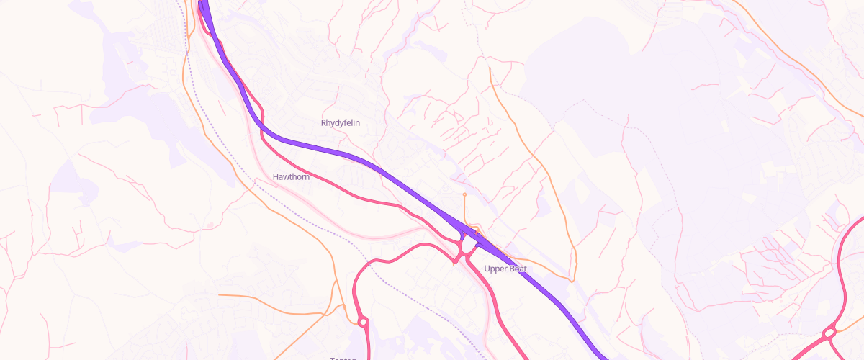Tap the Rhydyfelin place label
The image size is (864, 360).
(340, 123)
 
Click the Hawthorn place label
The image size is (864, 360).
(291, 176)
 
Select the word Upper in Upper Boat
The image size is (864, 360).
(496, 269)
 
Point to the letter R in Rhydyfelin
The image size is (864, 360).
(323, 123)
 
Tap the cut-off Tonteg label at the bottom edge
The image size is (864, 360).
(343, 358)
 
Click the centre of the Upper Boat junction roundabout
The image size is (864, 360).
(467, 248)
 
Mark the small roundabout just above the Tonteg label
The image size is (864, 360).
(362, 322)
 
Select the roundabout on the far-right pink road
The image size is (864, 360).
(829, 333)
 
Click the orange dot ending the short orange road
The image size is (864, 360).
(464, 194)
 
